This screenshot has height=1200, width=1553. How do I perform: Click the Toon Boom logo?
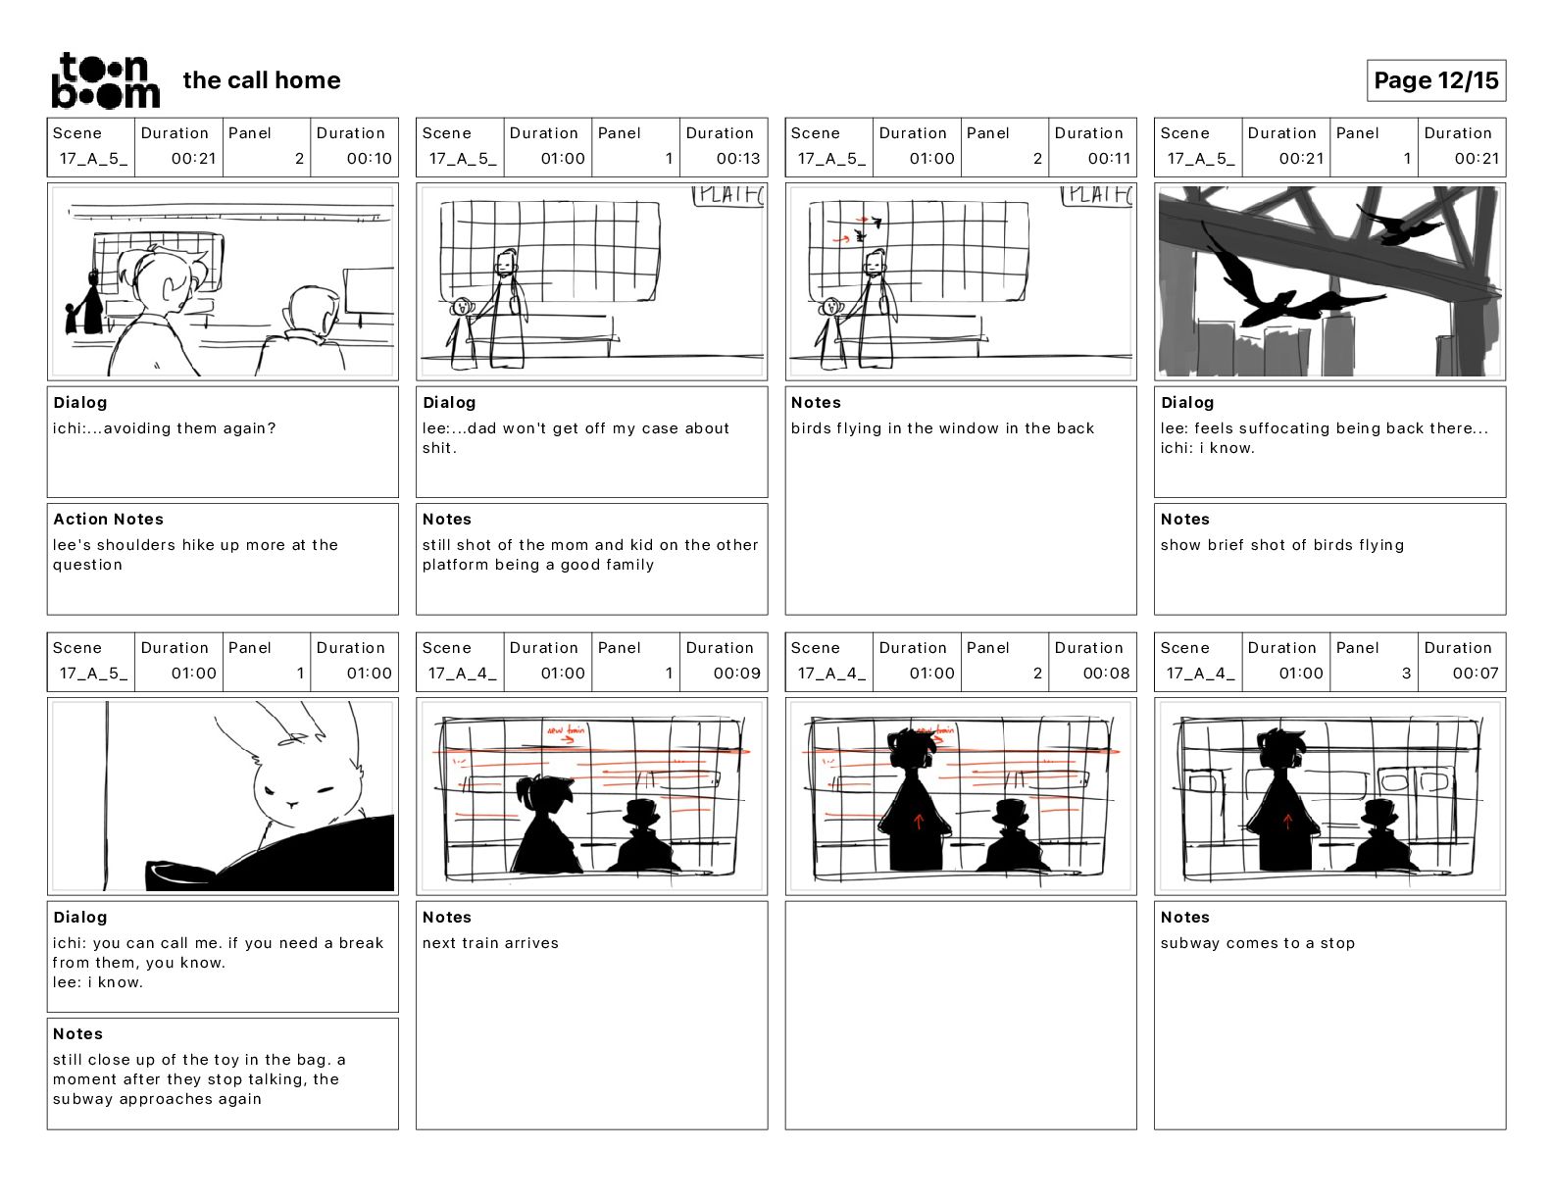[x=105, y=80]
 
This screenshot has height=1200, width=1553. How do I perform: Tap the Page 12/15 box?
[x=1435, y=80]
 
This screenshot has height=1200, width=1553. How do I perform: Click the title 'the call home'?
[x=262, y=80]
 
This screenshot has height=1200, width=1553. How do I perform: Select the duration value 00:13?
[x=737, y=159]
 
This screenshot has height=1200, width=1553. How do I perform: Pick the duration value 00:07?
[x=1476, y=674]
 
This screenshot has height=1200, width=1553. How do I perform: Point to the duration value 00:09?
[x=737, y=674]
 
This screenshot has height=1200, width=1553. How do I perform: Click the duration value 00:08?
[x=1106, y=674]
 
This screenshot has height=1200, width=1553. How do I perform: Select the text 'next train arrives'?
[x=490, y=943]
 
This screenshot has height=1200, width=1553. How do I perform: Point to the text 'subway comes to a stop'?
[x=1257, y=943]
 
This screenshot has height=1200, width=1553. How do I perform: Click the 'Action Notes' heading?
[x=108, y=520]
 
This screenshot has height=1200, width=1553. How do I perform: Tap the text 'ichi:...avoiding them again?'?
[x=165, y=428]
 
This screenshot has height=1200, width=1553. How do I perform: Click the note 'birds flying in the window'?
[x=942, y=428]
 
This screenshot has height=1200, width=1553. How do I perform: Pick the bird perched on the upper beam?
[x=1397, y=225]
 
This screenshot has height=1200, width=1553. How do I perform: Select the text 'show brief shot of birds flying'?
[x=1281, y=545]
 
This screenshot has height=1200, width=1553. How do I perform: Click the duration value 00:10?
[x=369, y=159]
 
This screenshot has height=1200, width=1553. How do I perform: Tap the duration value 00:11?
[x=1109, y=159]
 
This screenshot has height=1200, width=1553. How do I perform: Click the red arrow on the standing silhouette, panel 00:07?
[x=1287, y=822]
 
